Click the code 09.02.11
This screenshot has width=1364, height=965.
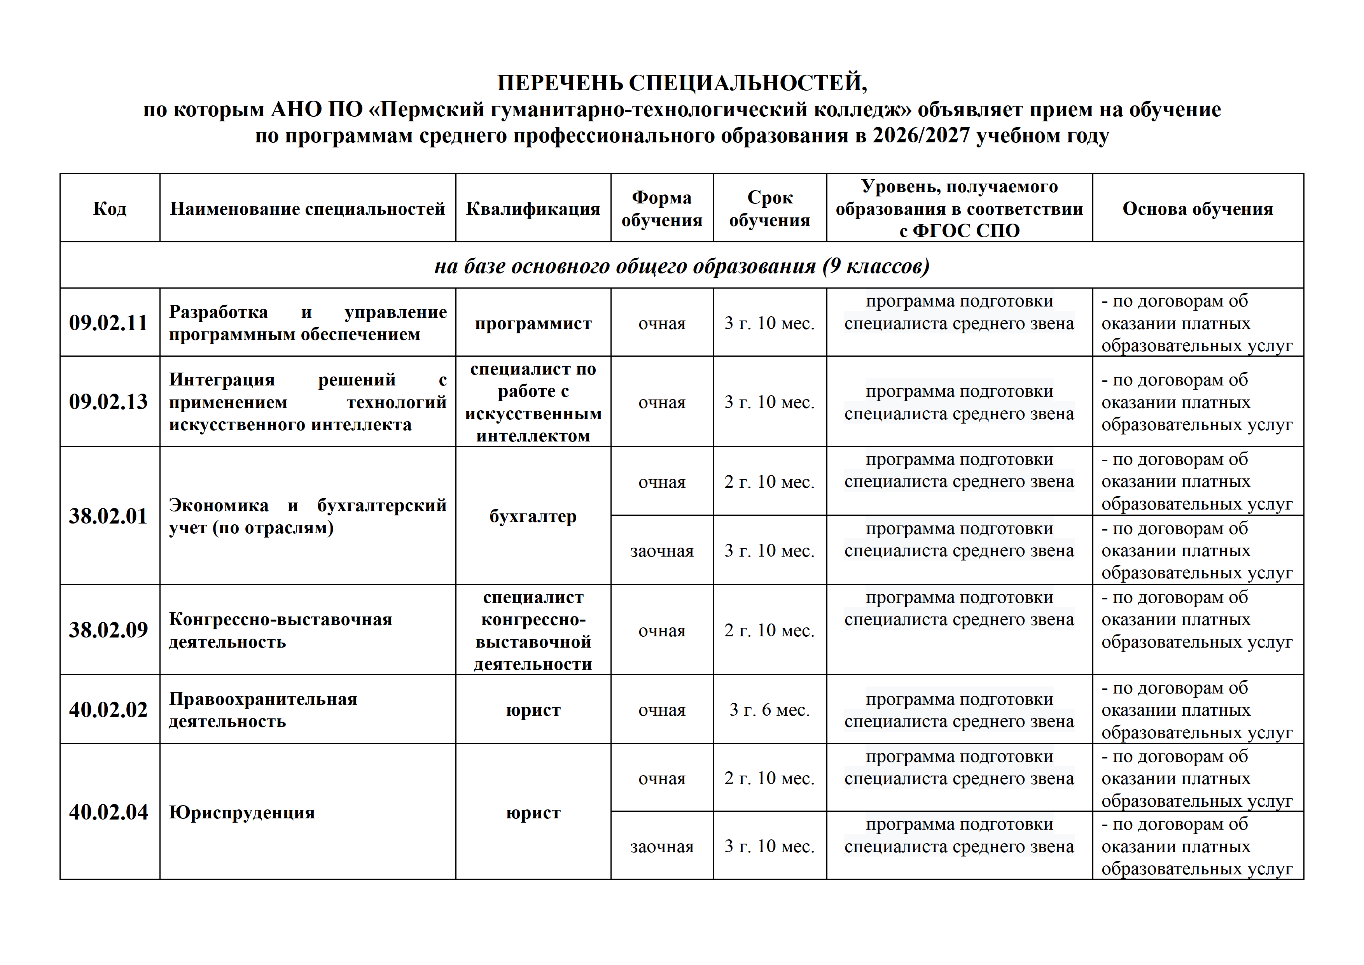pos(108,323)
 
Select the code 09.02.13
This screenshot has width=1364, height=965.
pos(108,402)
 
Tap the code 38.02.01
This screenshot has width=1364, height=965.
pos(108,516)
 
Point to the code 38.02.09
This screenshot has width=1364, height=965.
pos(108,630)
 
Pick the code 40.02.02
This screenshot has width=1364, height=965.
pos(108,709)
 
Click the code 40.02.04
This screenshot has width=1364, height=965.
pos(108,812)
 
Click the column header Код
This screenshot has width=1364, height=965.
pos(110,208)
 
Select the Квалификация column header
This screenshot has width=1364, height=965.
pos(533,208)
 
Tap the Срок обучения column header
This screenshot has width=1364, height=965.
pos(769,208)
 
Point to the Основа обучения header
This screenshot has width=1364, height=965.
pos(1198,208)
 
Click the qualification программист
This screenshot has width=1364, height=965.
pos(533,323)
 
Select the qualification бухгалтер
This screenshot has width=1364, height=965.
pos(533,517)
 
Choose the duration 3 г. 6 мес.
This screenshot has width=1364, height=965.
pos(769,709)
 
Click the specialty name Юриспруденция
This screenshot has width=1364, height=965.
pos(242,812)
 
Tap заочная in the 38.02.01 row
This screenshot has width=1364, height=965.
pos(662,551)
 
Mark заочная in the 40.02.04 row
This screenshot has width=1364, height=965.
pos(662,846)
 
